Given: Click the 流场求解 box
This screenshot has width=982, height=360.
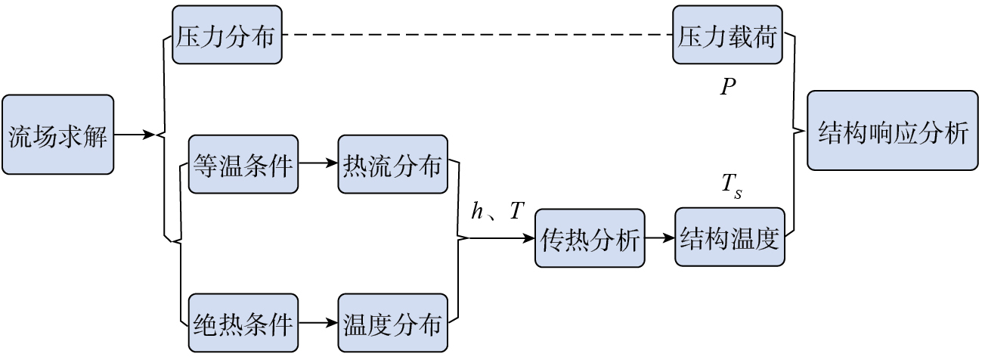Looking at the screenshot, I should (57, 135).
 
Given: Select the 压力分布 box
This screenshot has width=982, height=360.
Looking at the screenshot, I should (227, 36).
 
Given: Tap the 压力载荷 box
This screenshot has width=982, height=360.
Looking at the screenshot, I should (726, 36).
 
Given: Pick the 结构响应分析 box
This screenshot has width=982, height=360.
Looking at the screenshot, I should (892, 131).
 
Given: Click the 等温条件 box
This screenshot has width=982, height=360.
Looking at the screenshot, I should (243, 163).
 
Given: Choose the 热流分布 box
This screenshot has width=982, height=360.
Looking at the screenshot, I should (392, 163).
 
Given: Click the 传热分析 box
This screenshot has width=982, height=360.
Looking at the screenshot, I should (590, 238).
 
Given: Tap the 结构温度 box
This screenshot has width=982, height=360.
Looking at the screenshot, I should (729, 238).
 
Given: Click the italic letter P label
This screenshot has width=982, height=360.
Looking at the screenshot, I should (727, 88).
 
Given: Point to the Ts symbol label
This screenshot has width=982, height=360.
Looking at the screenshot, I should (732, 186).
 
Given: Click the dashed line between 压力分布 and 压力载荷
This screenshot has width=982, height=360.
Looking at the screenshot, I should (476, 36).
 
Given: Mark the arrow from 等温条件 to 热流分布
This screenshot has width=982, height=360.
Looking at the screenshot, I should (318, 163).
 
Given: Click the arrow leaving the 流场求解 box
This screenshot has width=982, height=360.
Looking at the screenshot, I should (135, 135).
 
